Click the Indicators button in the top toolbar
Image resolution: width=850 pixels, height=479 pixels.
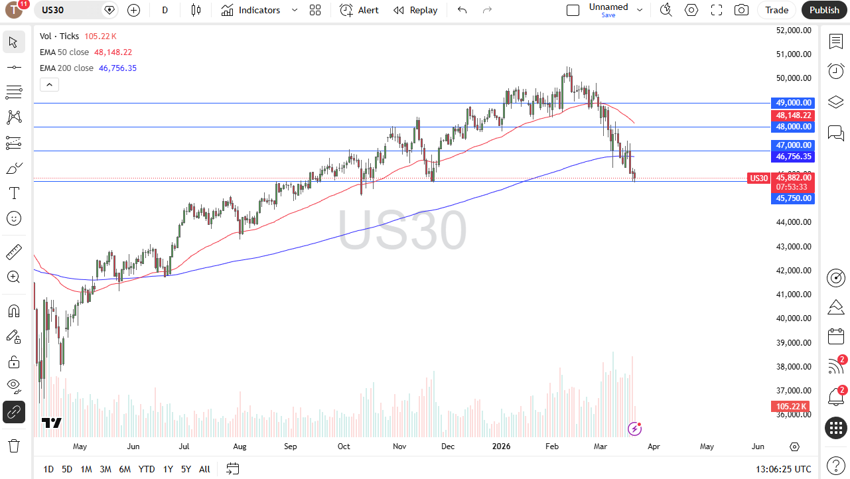[251, 10]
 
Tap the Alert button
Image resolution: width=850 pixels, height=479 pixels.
[359, 10]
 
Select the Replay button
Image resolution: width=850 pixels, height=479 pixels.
[415, 10]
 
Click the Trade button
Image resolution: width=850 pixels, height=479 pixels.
[776, 10]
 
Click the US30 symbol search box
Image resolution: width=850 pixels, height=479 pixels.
[68, 10]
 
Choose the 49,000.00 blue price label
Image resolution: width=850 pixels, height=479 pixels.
[793, 103]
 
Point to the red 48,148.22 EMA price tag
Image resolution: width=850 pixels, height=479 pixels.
[793, 115]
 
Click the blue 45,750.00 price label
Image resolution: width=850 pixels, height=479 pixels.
[793, 198]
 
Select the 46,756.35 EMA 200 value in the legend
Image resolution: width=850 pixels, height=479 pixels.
[117, 68]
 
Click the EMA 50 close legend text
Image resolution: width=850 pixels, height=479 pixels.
[64, 52]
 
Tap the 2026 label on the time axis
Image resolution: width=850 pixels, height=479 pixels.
[501, 446]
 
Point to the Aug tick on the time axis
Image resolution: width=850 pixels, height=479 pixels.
[240, 446]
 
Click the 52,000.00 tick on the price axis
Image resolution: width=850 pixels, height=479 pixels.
[794, 31]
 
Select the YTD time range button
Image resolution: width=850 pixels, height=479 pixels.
[147, 469]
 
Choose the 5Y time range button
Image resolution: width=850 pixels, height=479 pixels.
[186, 469]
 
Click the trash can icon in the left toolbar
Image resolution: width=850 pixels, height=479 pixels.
[14, 446]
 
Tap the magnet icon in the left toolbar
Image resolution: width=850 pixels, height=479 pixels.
[14, 311]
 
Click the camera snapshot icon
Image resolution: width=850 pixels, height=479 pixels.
[741, 10]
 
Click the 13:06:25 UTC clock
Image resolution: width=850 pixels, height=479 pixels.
[783, 469]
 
